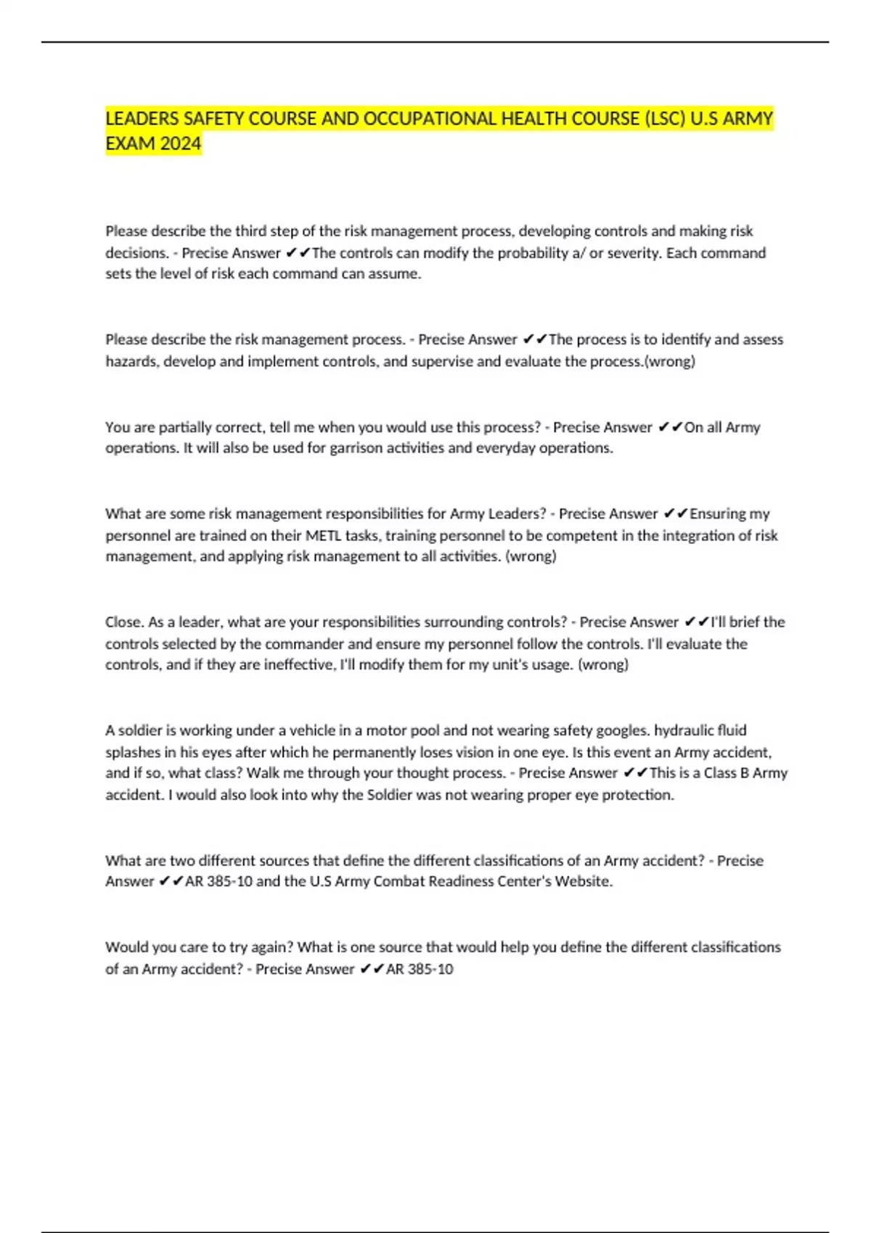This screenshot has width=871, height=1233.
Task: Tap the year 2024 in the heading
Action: (181, 144)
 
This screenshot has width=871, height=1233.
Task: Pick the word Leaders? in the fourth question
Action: (517, 514)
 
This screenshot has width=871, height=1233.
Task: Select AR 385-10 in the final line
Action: (420, 969)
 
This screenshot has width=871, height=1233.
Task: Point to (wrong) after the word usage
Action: (602, 664)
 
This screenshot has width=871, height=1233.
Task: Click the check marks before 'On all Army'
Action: (670, 427)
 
